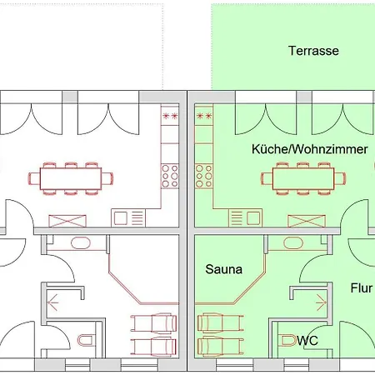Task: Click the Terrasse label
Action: point(313,51)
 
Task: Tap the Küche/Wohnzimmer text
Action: point(310,149)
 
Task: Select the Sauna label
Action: point(224,269)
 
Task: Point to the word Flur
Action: point(361,288)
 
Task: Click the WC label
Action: point(307,340)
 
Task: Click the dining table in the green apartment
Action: point(303,178)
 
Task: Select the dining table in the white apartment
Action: point(71,178)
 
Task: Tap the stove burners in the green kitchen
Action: point(203,176)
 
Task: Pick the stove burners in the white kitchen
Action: point(170,176)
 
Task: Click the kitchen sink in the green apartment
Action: point(245,218)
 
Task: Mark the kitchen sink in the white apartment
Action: point(128,218)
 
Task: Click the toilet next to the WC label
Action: point(288,340)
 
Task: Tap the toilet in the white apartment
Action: point(86,340)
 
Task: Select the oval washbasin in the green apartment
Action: point(293,243)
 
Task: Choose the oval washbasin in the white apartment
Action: point(81,243)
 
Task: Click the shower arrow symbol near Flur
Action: point(321,302)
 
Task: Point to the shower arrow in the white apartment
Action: point(53,302)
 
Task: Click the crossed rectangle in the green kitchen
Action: point(307,221)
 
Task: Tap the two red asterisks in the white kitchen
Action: point(170,116)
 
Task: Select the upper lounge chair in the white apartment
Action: point(153,322)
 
